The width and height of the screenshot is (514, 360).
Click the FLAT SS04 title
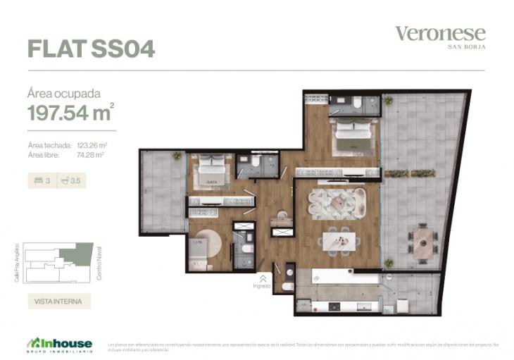point(91,48)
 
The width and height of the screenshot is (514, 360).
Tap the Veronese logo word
point(439,33)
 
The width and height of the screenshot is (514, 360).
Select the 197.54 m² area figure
point(70,112)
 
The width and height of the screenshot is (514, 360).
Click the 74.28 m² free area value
point(90,154)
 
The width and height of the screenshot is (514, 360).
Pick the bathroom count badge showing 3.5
point(71,180)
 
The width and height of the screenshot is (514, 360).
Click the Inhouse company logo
point(60,343)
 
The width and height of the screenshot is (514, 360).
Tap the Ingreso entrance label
point(262,286)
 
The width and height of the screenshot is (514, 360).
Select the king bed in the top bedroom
point(355,135)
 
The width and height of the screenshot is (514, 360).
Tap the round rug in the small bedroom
point(206,247)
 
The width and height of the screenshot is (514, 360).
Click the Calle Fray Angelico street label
point(16,263)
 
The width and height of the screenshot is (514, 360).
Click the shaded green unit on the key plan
point(83,254)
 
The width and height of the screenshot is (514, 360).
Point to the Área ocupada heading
point(63,93)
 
